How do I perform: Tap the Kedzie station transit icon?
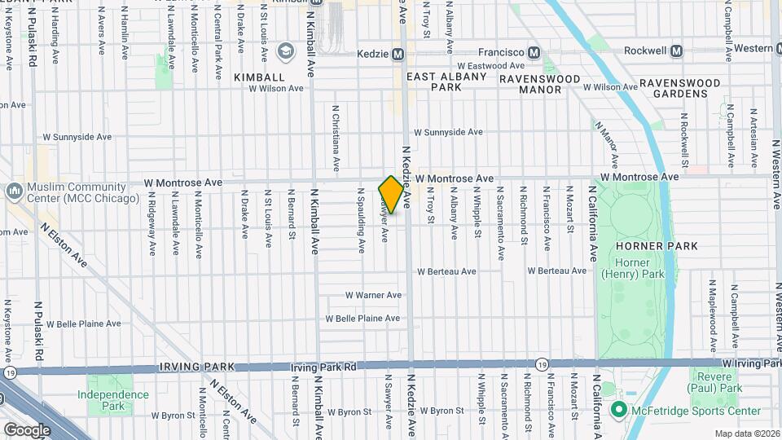click(398, 55)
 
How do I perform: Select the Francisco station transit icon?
click(534, 52)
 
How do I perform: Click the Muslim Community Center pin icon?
click(13, 191)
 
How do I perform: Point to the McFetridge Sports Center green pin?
click(617, 410)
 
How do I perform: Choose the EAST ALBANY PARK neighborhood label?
click(446, 81)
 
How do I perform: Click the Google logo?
click(27, 429)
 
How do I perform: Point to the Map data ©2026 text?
click(747, 433)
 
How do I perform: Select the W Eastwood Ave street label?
click(490, 66)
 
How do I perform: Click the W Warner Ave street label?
click(373, 295)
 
